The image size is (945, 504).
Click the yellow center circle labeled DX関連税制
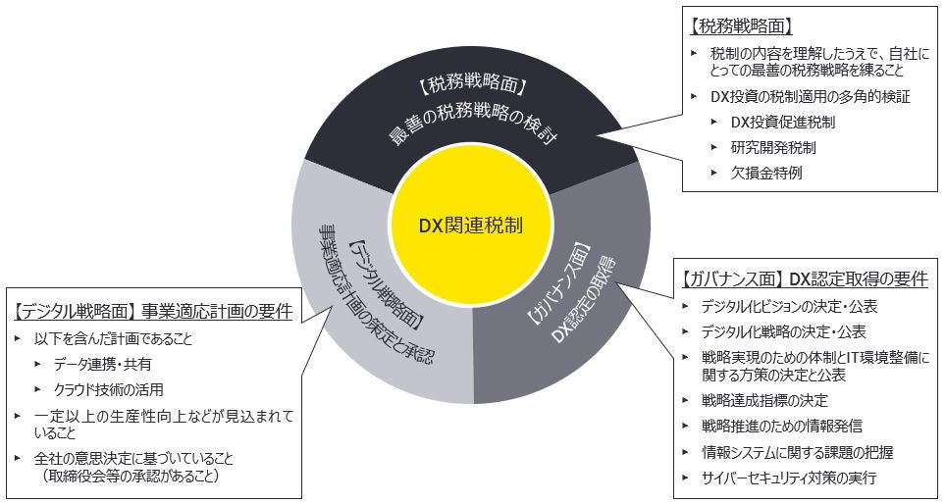click(470, 225)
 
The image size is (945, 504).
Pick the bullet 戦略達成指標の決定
click(763, 400)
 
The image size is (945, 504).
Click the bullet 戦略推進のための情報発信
click(782, 426)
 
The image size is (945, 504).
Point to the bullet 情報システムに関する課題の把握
click(797, 452)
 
